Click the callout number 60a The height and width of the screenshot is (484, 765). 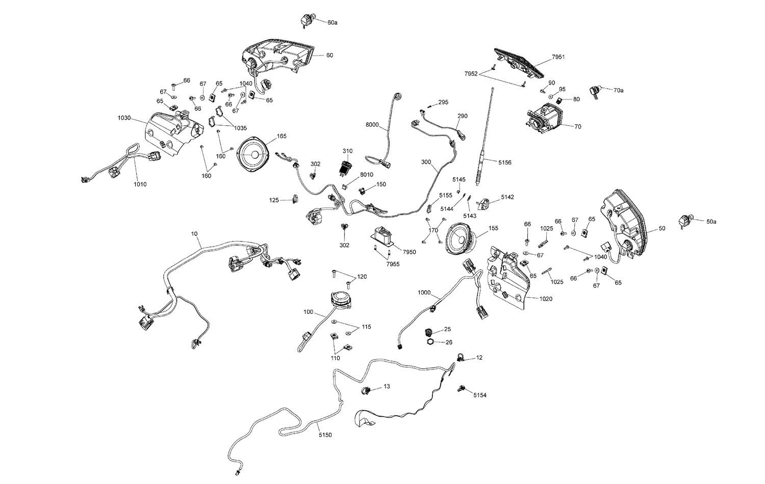(x=332, y=22)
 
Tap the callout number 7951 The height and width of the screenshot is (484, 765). (x=558, y=57)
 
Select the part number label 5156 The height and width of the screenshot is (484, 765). (x=505, y=163)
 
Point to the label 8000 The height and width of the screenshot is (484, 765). (x=372, y=124)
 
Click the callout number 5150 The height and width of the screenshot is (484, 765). (x=325, y=435)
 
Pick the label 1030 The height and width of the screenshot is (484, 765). (x=124, y=118)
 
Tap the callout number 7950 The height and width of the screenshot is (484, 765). (x=410, y=252)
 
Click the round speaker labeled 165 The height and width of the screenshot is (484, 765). (x=254, y=154)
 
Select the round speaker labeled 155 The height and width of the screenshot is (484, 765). (x=461, y=238)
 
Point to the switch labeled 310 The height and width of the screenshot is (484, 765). (x=345, y=167)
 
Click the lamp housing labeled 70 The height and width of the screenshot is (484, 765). (x=544, y=118)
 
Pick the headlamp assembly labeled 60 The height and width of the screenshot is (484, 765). (x=276, y=58)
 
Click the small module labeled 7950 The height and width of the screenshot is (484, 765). (x=383, y=236)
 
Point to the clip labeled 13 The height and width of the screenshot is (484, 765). (x=366, y=390)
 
